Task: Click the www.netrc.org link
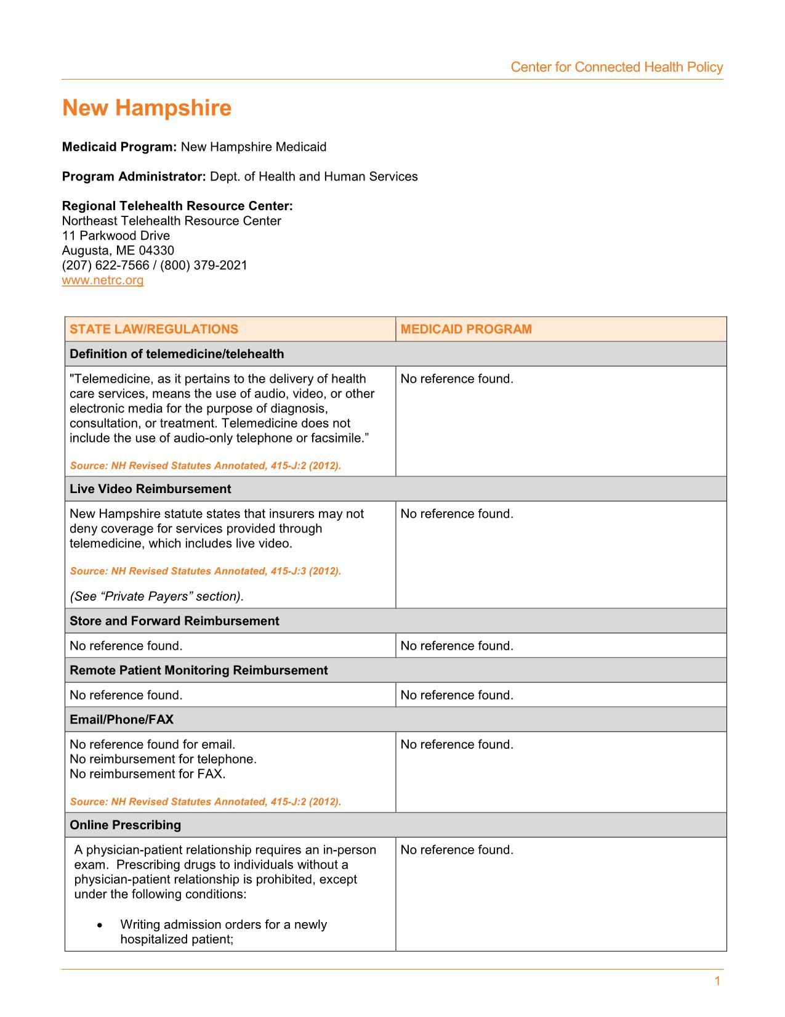pos(103,280)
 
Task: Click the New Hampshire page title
pos(147,108)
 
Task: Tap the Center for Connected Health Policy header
pos(616,67)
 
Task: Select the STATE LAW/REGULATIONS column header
pos(154,329)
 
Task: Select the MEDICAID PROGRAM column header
pos(466,329)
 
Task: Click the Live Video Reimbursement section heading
pos(150,489)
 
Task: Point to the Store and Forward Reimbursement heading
pos(174,621)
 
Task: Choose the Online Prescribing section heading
pos(126,825)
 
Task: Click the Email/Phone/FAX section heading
pos(122,719)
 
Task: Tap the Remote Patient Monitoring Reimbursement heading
pos(198,670)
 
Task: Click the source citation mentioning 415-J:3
pos(205,571)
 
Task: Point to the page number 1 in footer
pos(717,981)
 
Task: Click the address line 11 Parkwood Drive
pos(116,236)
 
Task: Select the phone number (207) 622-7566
pos(105,266)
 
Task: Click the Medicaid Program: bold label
pos(119,147)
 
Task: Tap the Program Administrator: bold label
pos(134,177)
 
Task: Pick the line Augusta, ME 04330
pos(118,251)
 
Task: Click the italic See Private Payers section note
pos(156,596)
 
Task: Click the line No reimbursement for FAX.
pos(148,774)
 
